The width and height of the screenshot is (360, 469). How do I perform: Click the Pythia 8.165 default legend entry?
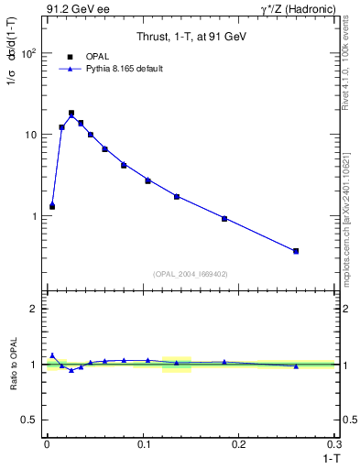(124, 69)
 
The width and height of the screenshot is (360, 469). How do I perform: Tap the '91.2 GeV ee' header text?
(71, 9)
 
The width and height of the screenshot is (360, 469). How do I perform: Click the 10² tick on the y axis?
(29, 53)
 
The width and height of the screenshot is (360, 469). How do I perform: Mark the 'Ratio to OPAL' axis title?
(13, 364)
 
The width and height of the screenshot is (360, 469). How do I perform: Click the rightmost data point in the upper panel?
(296, 251)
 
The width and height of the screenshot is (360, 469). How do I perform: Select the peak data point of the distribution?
(71, 114)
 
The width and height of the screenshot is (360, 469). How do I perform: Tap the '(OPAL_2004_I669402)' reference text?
(191, 274)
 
